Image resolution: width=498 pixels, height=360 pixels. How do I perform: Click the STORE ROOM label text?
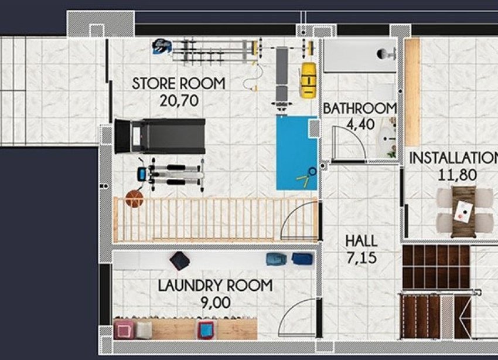pos(178,83)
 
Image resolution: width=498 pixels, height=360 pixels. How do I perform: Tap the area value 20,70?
pos(179,100)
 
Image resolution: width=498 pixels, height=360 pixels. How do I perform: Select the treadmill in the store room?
pos(159,135)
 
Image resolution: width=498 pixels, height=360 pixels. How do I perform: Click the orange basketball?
pos(134,199)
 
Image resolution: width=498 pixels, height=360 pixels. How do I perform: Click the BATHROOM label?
pos(359,108)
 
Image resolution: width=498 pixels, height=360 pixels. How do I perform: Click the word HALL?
pos(361,241)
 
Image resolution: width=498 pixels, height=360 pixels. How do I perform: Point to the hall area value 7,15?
pos(361,257)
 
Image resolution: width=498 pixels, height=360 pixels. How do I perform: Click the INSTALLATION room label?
pos(452,158)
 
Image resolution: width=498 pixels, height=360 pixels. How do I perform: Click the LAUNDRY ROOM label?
pos(215,286)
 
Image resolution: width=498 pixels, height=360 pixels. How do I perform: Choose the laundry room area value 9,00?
pos(215,302)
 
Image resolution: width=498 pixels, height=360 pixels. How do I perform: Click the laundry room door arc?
pos(297,320)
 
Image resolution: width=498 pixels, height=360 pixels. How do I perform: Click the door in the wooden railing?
pos(300,220)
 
